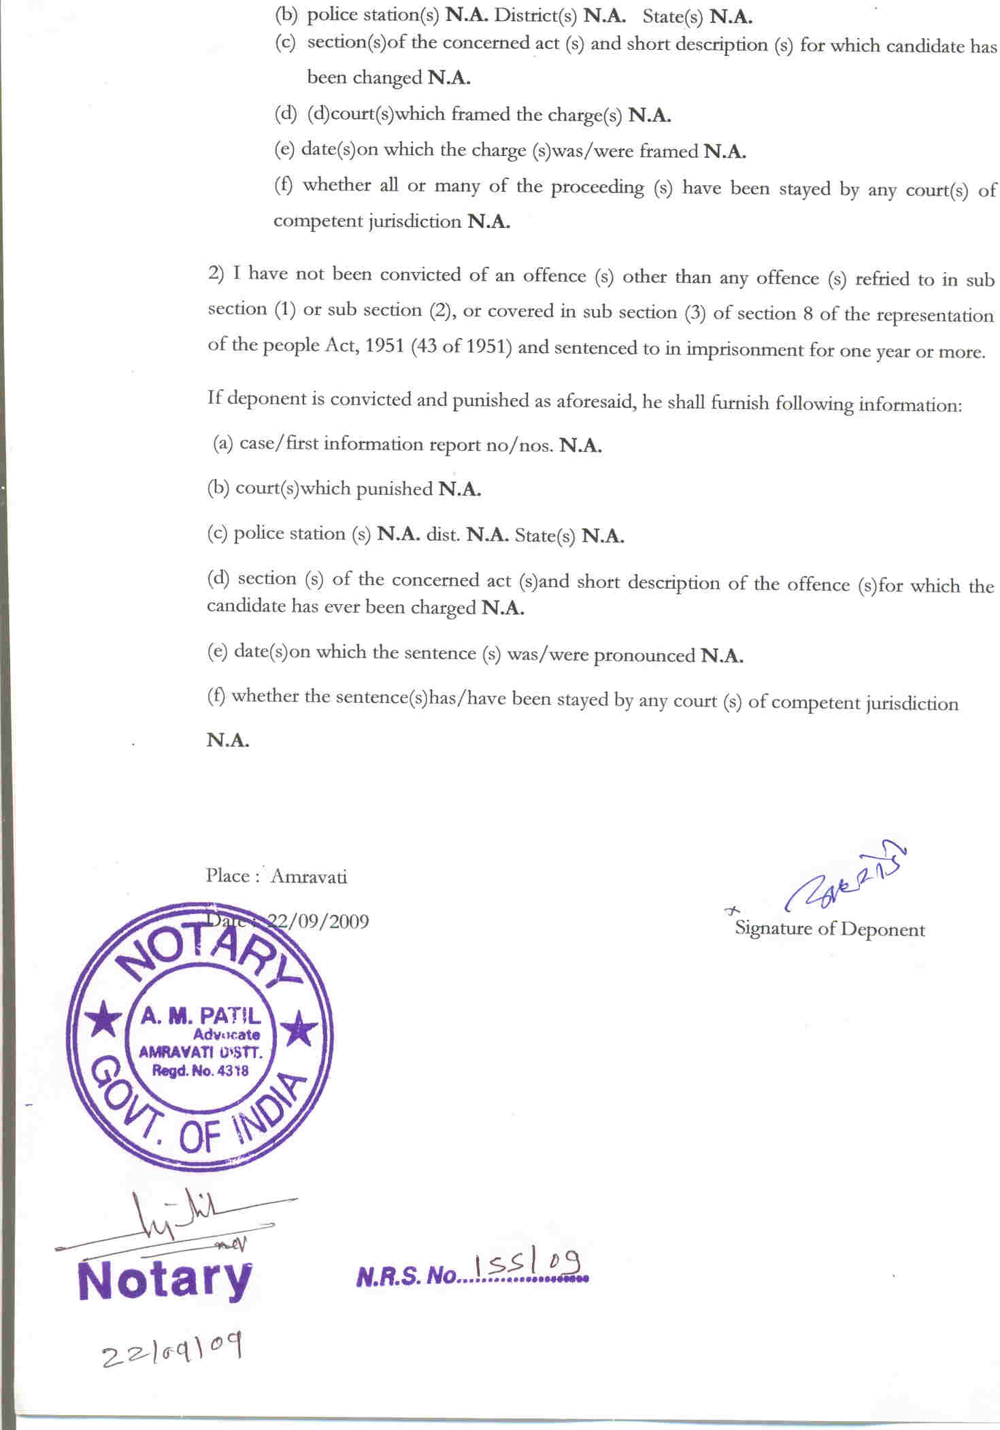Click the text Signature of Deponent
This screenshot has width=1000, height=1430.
pyautogui.click(x=829, y=929)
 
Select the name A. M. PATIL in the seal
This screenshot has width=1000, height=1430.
pyautogui.click(x=201, y=1016)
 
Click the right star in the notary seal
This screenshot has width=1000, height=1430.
pyautogui.click(x=298, y=1029)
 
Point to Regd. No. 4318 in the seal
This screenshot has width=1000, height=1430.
pyautogui.click(x=200, y=1071)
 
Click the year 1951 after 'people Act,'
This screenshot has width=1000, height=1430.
pyautogui.click(x=386, y=346)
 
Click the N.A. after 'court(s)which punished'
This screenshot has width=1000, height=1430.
pyautogui.click(x=460, y=489)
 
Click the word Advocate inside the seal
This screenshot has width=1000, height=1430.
pyautogui.click(x=226, y=1035)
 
